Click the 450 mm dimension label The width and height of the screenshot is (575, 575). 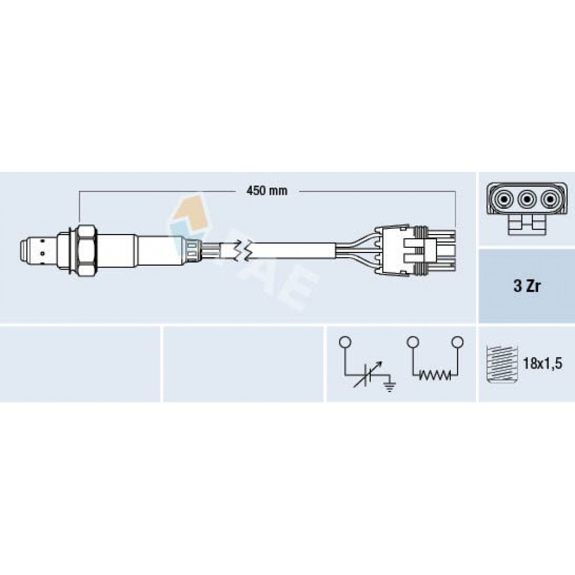[267, 191]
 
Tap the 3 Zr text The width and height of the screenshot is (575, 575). [527, 286]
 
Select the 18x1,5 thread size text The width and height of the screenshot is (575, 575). [542, 363]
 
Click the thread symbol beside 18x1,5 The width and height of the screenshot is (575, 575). [501, 364]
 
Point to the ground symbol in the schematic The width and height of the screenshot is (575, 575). [389, 385]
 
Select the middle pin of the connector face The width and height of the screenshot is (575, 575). [527, 200]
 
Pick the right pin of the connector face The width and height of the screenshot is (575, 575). [550, 200]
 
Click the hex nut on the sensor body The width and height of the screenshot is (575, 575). [87, 252]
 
